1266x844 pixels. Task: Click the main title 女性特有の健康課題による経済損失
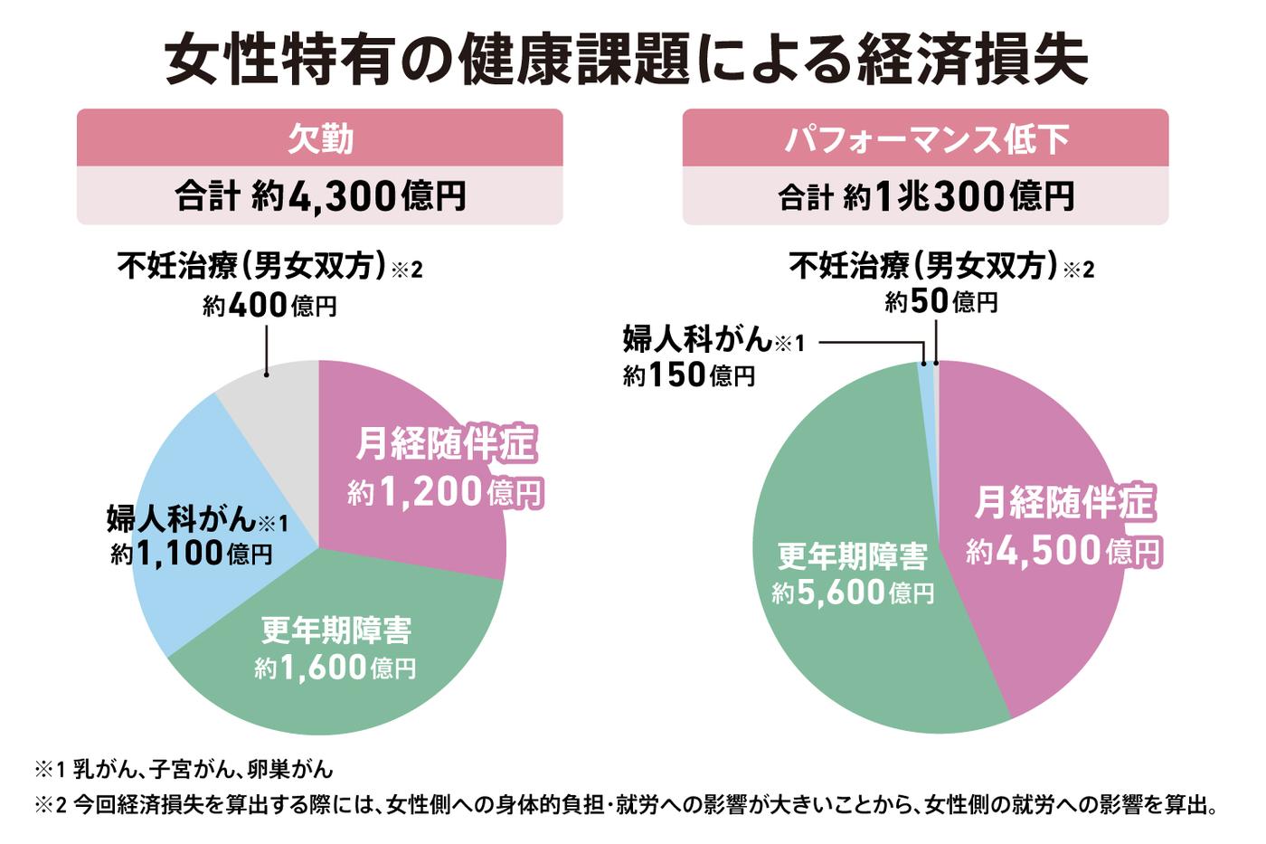pos(626,60)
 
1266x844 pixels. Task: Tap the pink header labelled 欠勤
pos(319,138)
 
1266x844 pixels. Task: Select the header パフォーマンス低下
pos(925,138)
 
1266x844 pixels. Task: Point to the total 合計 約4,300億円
pos(319,195)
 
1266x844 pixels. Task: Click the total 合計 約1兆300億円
pos(925,195)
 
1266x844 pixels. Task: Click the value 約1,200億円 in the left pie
pos(445,492)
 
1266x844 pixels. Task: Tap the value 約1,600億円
pos(335,669)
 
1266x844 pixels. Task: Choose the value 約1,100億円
pos(192,554)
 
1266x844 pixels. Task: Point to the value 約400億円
pos(269,306)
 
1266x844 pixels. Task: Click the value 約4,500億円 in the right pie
pos(1063,551)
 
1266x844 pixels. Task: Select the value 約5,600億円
pos(853,593)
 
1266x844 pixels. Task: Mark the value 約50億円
pos(940,301)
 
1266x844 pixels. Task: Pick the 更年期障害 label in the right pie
pos(853,556)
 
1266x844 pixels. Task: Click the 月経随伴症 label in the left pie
pos(445,444)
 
